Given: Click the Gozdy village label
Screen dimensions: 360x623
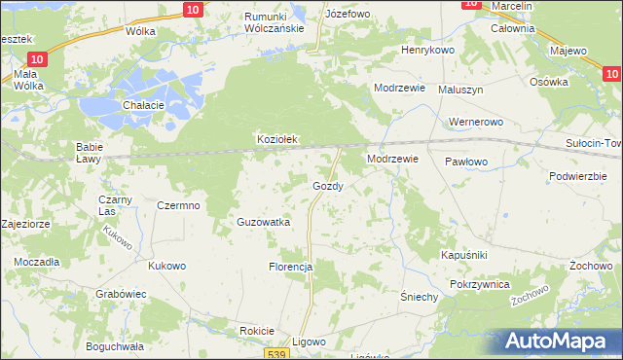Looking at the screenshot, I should point(326,186).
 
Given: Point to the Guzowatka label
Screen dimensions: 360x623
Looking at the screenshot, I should point(264,222).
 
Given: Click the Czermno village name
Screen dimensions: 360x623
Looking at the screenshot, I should point(178,205).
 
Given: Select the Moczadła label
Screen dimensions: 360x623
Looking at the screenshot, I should point(36,263).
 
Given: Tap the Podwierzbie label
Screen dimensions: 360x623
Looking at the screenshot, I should point(578,176).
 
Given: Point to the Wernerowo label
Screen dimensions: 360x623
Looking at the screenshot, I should point(474,123).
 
